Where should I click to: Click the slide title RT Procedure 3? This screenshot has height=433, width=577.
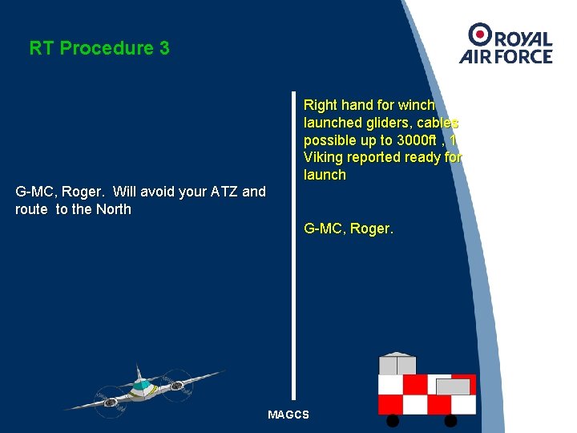coord(99,48)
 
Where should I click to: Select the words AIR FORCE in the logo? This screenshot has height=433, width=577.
coord(506,56)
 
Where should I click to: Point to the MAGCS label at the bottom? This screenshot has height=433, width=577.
coord(288,415)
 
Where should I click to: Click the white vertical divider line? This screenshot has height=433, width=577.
coord(294,241)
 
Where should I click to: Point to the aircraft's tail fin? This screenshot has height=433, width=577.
coord(139,372)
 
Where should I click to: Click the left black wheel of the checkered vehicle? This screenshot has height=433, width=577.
coord(393,420)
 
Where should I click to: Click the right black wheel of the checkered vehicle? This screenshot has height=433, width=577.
coord(450,420)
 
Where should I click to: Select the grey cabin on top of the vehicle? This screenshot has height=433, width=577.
coord(397,364)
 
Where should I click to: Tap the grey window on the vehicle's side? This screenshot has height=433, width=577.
coord(453,386)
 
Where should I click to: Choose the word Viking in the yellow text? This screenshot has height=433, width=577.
coord(322,157)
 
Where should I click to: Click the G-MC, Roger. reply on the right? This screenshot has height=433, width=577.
coord(349,229)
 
